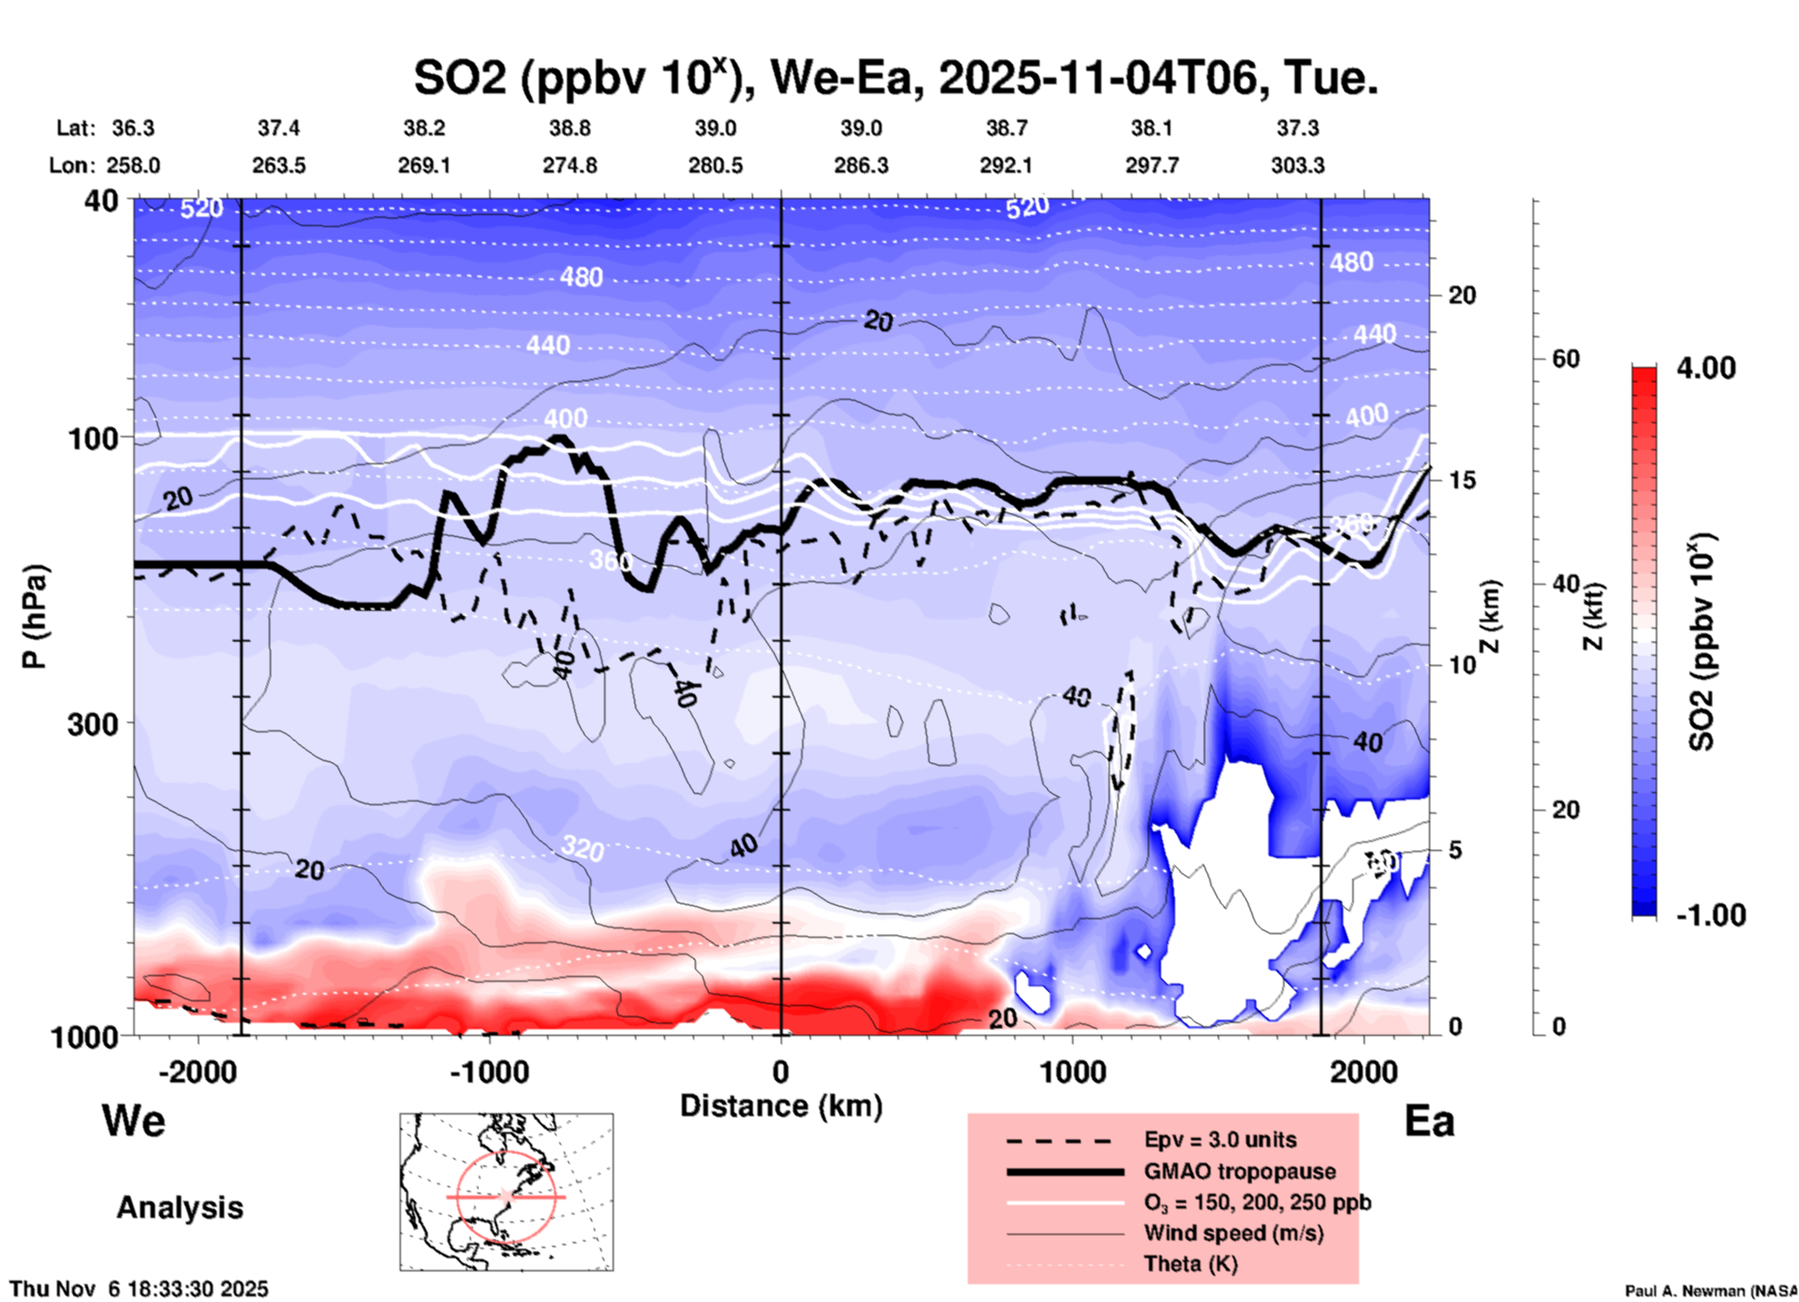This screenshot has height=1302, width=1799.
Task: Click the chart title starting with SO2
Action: click(x=896, y=78)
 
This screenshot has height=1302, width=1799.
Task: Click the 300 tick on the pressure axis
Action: click(x=92, y=723)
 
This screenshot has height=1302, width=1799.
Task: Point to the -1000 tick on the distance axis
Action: click(x=489, y=1071)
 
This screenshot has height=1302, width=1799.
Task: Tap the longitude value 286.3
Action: click(x=860, y=165)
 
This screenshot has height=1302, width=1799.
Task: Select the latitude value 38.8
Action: click(x=569, y=128)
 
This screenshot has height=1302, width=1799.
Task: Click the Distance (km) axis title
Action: click(x=781, y=1106)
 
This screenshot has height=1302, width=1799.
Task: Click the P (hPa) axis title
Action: click(x=35, y=616)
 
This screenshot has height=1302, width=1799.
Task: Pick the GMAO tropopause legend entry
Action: click(x=1239, y=1171)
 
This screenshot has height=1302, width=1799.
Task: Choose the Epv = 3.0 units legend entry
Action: click(x=1220, y=1139)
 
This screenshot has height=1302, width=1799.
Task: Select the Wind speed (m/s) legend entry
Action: click(x=1233, y=1233)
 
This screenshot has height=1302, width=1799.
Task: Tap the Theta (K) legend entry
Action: click(x=1190, y=1264)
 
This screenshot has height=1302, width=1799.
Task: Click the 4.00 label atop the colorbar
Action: click(x=1706, y=367)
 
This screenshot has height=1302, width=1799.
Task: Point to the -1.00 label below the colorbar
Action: click(x=1710, y=914)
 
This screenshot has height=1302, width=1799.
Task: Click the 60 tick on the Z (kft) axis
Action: click(x=1565, y=359)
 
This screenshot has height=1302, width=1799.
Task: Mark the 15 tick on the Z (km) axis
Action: click(x=1462, y=480)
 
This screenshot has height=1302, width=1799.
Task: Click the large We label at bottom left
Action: click(x=134, y=1120)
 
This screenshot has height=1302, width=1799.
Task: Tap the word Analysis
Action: click(x=179, y=1208)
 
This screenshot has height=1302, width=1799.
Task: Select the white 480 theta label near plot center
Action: click(x=581, y=276)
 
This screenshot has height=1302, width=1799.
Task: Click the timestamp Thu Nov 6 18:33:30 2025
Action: click(x=138, y=1289)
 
